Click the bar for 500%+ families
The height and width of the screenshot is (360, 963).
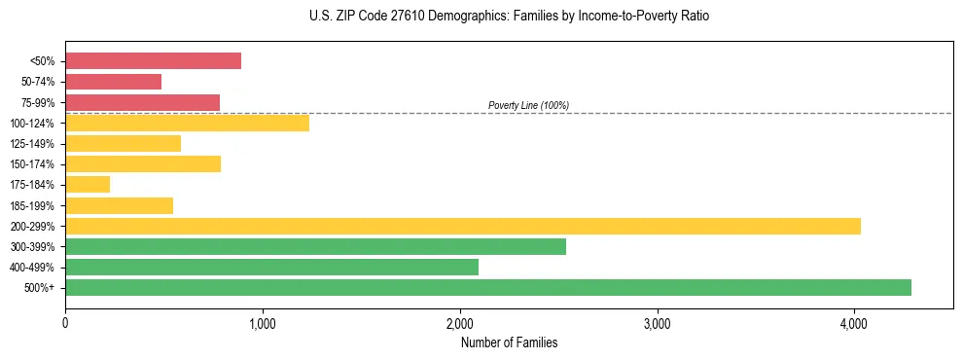click(x=488, y=287)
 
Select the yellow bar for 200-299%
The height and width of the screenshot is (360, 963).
click(x=463, y=226)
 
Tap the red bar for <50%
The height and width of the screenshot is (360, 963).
click(x=153, y=61)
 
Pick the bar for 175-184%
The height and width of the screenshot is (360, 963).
click(x=88, y=185)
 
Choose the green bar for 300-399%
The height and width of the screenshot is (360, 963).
click(x=315, y=246)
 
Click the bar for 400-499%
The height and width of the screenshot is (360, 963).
click(x=271, y=267)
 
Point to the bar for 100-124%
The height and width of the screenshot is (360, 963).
click(x=187, y=123)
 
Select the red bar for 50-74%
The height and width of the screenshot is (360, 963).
click(x=113, y=82)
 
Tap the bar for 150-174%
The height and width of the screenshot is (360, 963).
click(x=143, y=163)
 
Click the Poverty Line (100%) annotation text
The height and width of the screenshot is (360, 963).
click(x=528, y=105)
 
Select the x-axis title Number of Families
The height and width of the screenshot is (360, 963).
click(x=509, y=342)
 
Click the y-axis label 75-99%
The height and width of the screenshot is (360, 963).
click(x=38, y=103)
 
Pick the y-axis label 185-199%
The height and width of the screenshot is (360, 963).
click(x=34, y=206)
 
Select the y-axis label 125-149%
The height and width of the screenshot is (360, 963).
click(x=34, y=144)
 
